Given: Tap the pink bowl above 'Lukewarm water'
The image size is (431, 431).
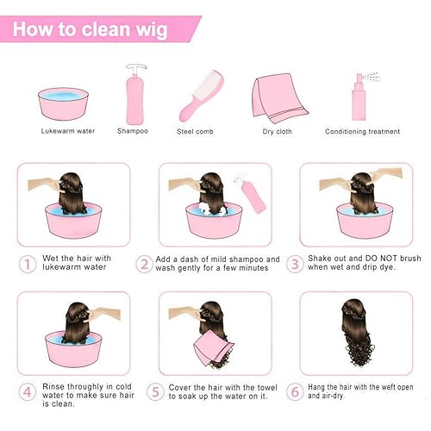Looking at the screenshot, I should coord(62,103).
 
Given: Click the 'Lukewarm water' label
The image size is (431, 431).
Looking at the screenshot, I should coord(63,132).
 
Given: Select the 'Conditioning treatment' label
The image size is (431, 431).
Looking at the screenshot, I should coord(362,132).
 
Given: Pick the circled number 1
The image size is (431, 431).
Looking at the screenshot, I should coord(27,262).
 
